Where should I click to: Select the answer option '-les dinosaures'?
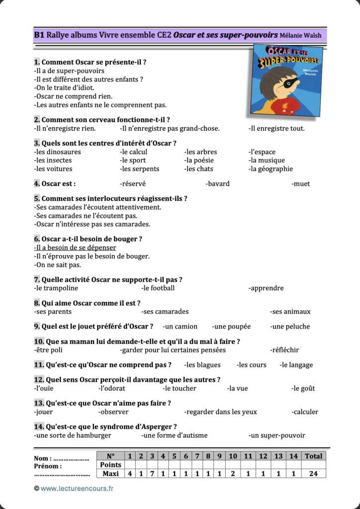click(x=57, y=152)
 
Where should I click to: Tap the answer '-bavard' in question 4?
click(x=217, y=184)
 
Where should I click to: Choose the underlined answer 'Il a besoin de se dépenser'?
click(x=75, y=248)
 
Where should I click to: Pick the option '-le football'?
click(x=158, y=288)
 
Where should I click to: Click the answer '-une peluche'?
click(x=290, y=327)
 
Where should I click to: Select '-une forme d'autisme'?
click(x=175, y=435)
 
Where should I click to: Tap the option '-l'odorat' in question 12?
click(x=112, y=389)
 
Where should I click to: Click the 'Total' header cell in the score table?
click(x=313, y=456)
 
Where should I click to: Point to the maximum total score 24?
click(x=313, y=474)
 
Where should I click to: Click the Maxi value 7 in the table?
click(x=152, y=474)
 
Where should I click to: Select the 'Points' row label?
click(x=110, y=465)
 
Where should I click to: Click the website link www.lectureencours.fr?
click(x=77, y=489)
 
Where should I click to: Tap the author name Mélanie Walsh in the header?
click(x=300, y=36)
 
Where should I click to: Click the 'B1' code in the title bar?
click(x=39, y=35)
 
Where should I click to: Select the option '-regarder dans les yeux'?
click(x=220, y=412)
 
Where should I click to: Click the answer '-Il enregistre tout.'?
click(x=276, y=129)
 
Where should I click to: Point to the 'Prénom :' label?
click(x=48, y=466)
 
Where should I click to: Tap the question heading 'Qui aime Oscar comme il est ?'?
click(x=90, y=303)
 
